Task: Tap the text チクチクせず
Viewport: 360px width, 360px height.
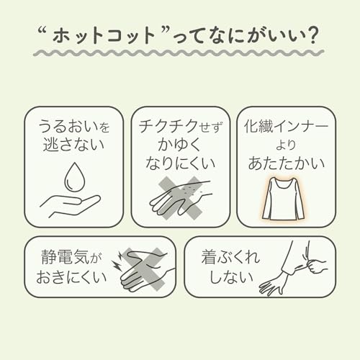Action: (x=179, y=127)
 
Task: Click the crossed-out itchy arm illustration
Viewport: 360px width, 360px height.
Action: (x=179, y=197)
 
